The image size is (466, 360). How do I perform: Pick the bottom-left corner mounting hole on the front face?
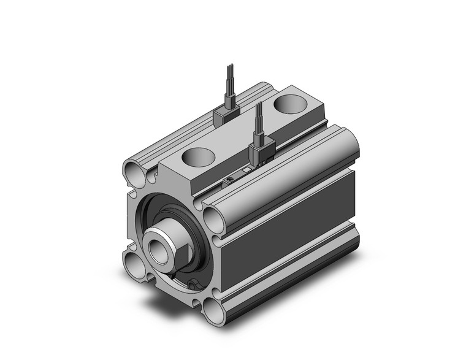pos(134,265)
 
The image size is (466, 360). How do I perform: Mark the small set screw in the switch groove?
pos(228,178)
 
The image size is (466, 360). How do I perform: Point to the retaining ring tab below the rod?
pos(194,283)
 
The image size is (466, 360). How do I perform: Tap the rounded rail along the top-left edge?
pos(190,123)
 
